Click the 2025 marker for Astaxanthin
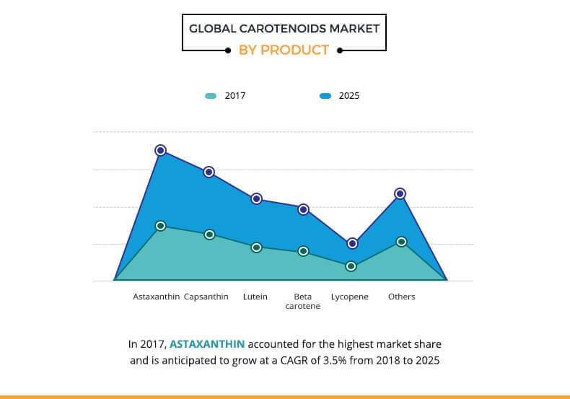[x=161, y=150]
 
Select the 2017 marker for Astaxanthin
[x=161, y=226]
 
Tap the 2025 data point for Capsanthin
[x=209, y=172]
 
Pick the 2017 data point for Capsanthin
[x=209, y=234]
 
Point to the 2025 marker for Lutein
[x=256, y=198]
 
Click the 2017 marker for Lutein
[x=256, y=247]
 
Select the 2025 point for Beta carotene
[x=304, y=209]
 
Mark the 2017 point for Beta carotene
[x=304, y=251]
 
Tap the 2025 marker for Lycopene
[x=351, y=244]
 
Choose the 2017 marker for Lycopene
[x=351, y=266]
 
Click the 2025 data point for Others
[x=400, y=193]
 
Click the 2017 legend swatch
[x=211, y=95]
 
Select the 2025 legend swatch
[x=325, y=95]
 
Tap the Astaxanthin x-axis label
[x=156, y=297]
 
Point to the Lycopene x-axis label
[x=350, y=297]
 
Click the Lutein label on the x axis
[x=255, y=297]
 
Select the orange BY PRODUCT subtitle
[x=284, y=50]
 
